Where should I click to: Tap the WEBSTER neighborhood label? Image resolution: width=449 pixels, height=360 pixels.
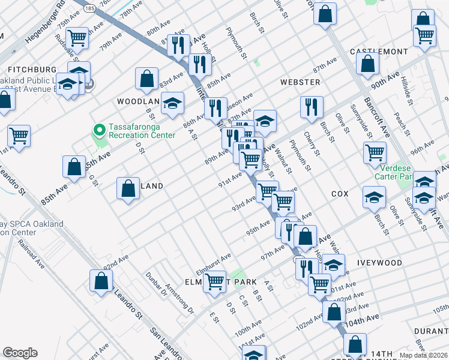pyautogui.click(x=300, y=82)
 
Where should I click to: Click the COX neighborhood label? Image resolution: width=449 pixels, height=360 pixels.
pyautogui.click(x=340, y=194)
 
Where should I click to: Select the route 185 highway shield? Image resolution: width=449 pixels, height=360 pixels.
pyautogui.click(x=89, y=8)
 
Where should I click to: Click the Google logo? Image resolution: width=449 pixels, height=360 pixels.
pyautogui.click(x=20, y=353)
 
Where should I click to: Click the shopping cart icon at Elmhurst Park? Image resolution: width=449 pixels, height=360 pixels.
pyautogui.click(x=214, y=281)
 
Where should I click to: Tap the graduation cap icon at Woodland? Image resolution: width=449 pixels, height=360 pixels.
pyautogui.click(x=173, y=103)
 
